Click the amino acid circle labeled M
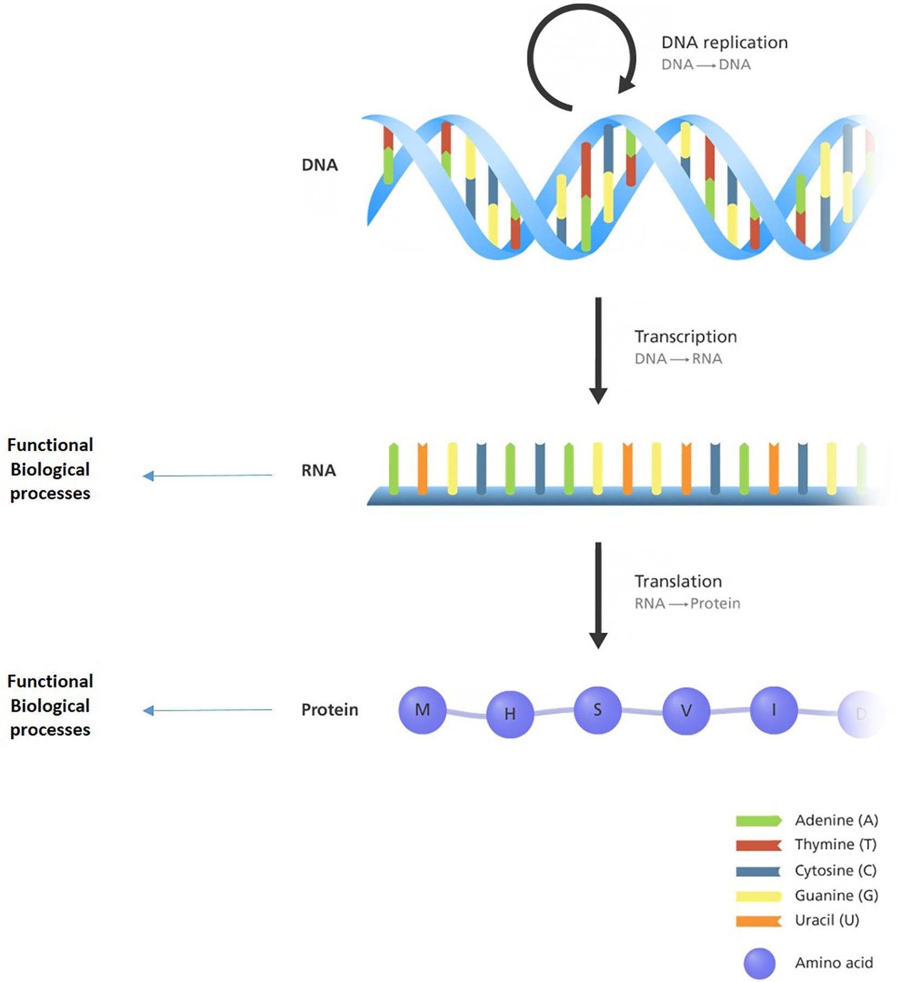pyautogui.click(x=422, y=710)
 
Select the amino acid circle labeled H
pyautogui.click(x=510, y=714)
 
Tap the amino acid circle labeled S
pyautogui.click(x=598, y=710)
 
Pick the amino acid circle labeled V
pyautogui.click(x=686, y=711)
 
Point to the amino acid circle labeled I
pyautogui.click(x=774, y=710)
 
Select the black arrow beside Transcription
pyautogui.click(x=598, y=349)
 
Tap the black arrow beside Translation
pyautogui.click(x=598, y=594)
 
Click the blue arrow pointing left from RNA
pyautogui.click(x=207, y=476)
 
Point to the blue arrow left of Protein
pyautogui.click(x=207, y=710)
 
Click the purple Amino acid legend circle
pyautogui.click(x=759, y=963)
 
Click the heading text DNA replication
pyautogui.click(x=725, y=43)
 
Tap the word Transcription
pyautogui.click(x=685, y=337)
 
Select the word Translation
pyautogui.click(x=678, y=581)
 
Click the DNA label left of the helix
pyautogui.click(x=320, y=165)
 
